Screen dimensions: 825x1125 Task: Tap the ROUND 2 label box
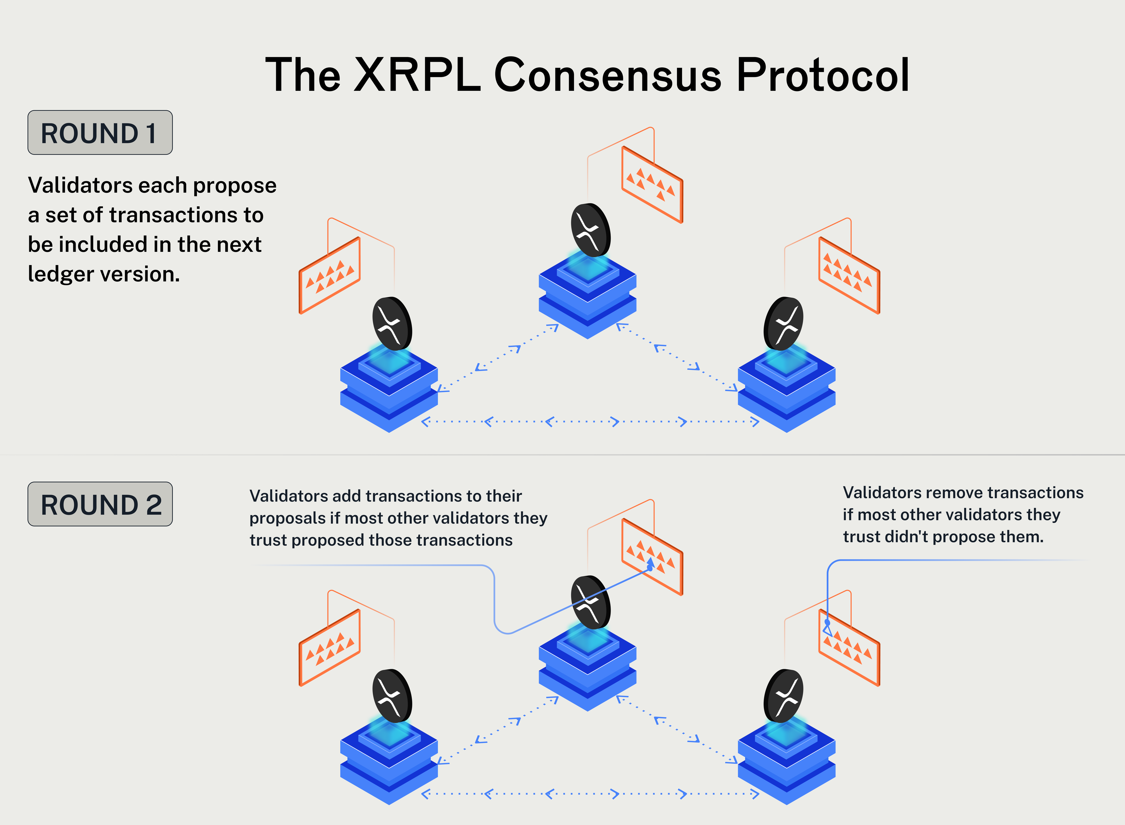coord(100,504)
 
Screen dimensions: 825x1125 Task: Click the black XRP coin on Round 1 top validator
coord(590,230)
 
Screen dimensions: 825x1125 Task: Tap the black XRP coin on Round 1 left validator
coord(392,324)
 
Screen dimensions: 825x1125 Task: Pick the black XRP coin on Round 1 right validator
coord(783,324)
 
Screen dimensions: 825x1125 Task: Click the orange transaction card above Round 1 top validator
coord(652,185)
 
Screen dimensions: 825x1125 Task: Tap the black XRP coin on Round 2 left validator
coord(392,696)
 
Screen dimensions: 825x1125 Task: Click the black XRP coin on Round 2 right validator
coord(783,696)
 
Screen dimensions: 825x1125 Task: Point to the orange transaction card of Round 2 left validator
coord(330,648)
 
